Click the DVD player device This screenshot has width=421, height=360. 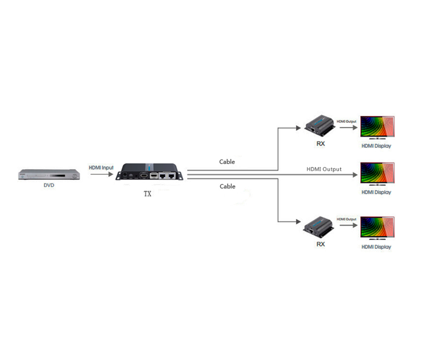[x=49, y=175]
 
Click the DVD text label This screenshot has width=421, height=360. [x=49, y=185]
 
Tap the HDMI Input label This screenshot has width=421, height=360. [x=101, y=168]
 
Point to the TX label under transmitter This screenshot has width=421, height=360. [x=147, y=194]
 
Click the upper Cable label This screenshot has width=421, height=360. [x=227, y=162]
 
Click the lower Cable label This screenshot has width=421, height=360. [x=227, y=186]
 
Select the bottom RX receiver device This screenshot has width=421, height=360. [x=320, y=225]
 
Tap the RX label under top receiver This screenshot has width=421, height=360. [x=321, y=144]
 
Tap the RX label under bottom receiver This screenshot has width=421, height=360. [x=321, y=244]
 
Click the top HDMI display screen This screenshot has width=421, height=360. [x=377, y=128]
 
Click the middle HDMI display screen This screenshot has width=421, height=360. [x=377, y=174]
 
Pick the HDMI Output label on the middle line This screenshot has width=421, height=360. [x=324, y=169]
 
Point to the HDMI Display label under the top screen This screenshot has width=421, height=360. [x=376, y=146]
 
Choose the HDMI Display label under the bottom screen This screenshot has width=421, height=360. [x=376, y=247]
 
